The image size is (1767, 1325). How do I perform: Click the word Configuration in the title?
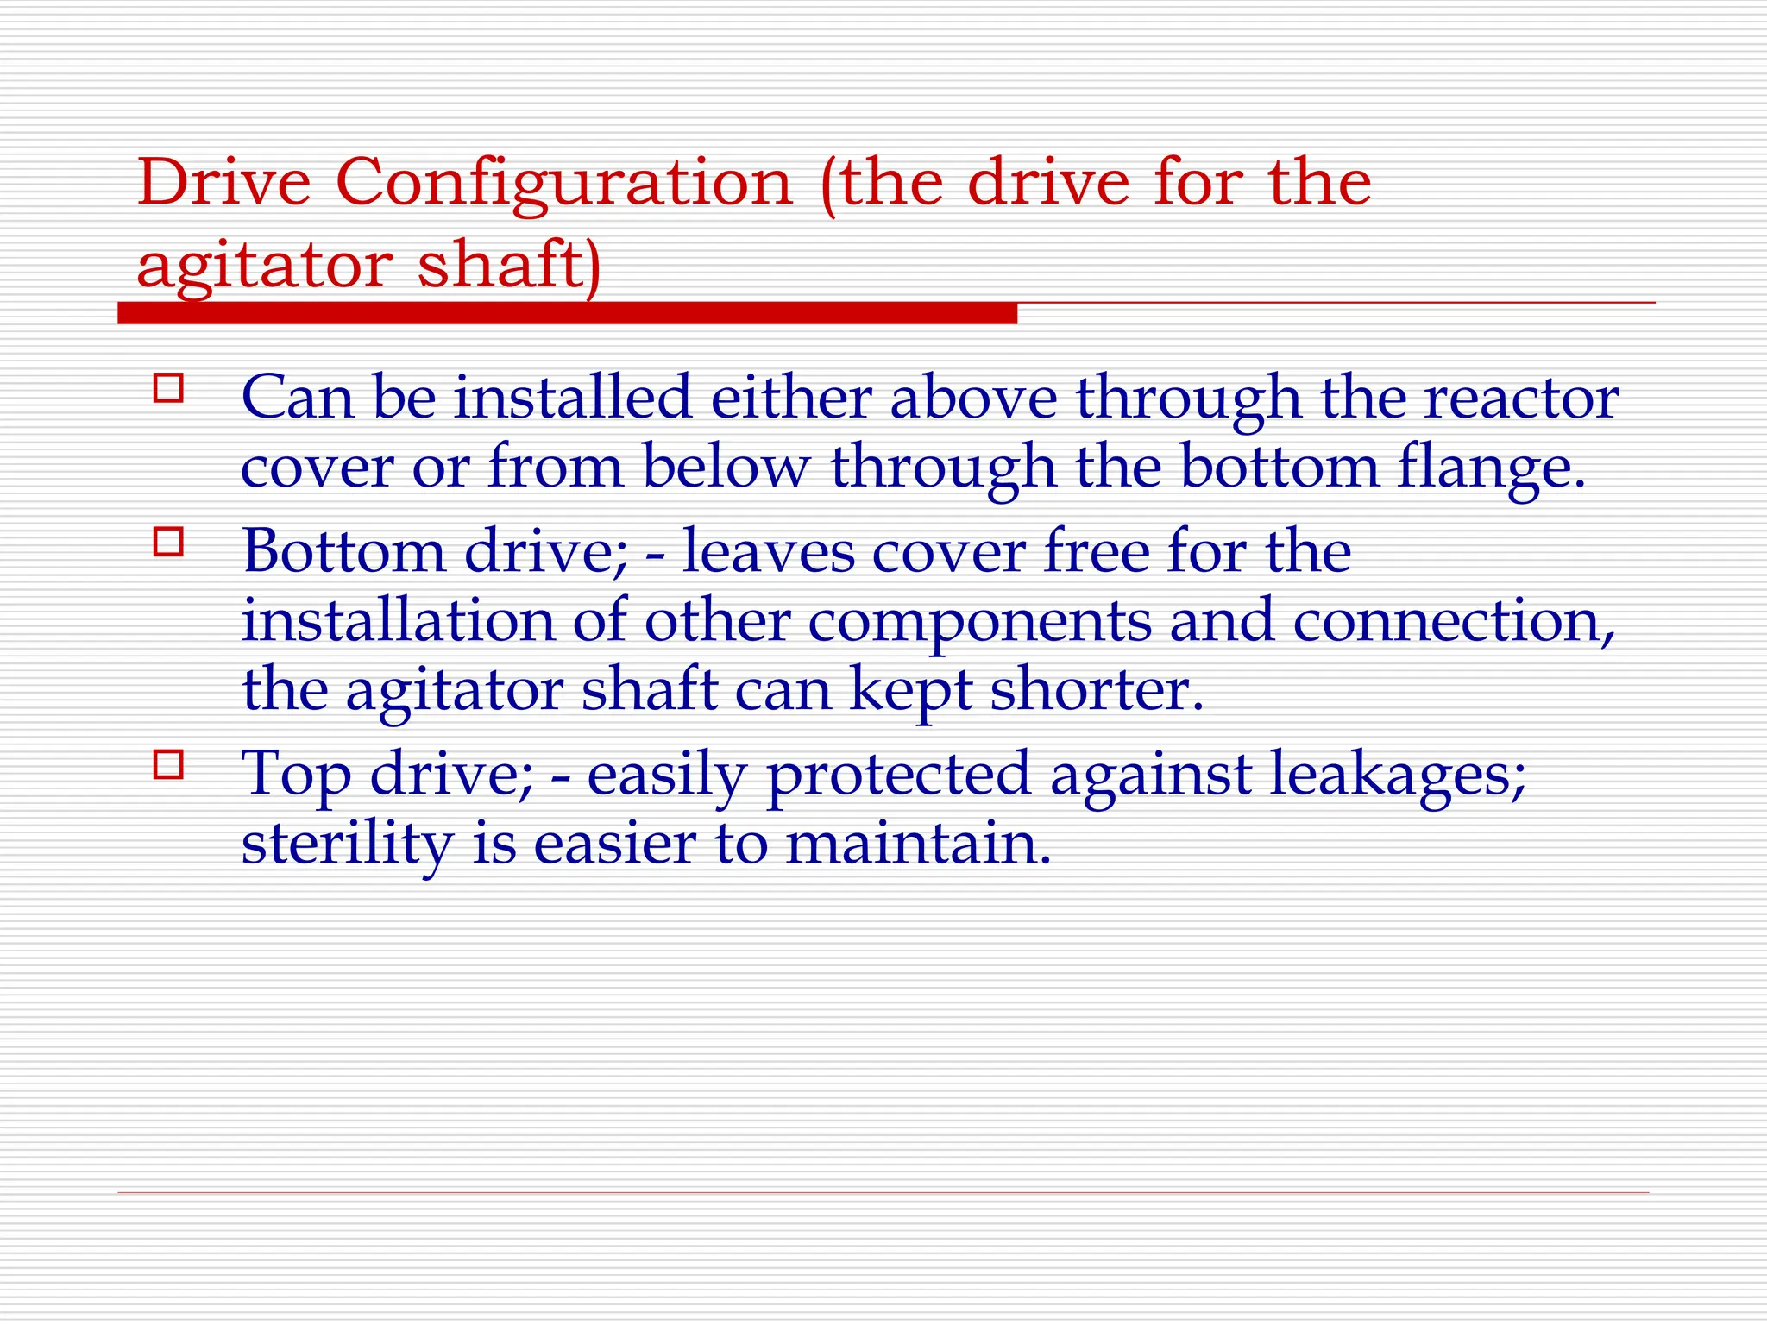563,184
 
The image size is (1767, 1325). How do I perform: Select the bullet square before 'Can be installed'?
168,388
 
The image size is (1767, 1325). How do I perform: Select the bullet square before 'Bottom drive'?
168,542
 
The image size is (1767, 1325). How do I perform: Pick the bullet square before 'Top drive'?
168,764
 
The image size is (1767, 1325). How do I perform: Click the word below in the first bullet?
726,467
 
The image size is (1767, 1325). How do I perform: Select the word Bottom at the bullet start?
343,551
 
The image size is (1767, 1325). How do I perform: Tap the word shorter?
1096,689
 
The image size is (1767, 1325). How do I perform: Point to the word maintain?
918,843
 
